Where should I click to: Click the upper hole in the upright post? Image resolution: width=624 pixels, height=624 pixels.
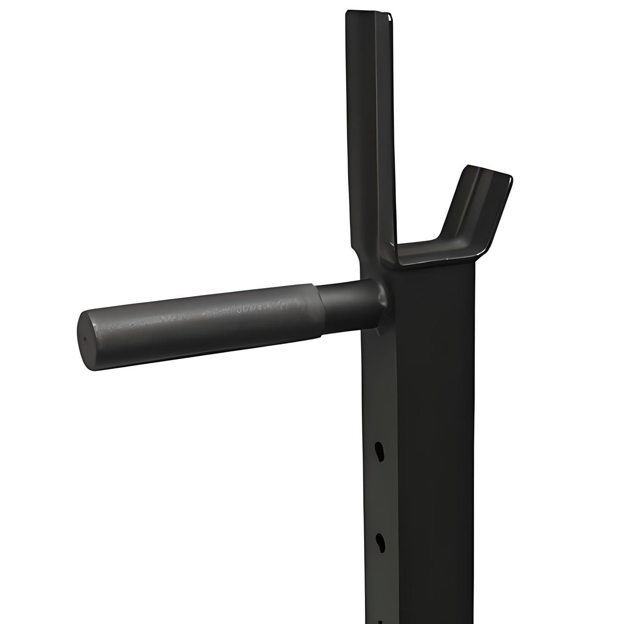point(380,451)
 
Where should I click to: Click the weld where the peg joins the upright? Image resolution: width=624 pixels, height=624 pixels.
point(381,302)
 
